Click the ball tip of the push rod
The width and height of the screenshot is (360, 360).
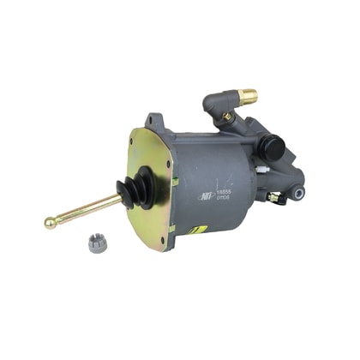51,224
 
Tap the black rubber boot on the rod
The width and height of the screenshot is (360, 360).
137,188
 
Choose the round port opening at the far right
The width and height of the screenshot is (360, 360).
298,194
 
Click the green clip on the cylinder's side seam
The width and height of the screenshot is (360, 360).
175,181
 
